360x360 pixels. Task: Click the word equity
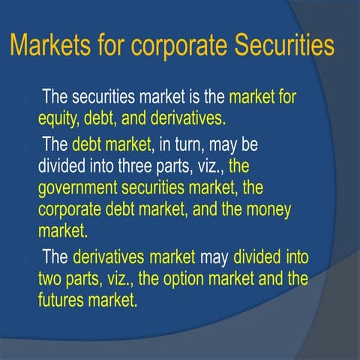click(59, 117)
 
